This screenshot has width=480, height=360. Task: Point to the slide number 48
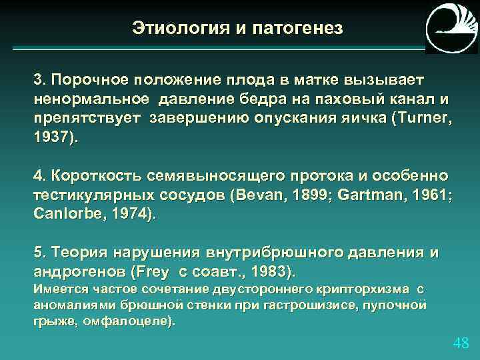tap(461, 343)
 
